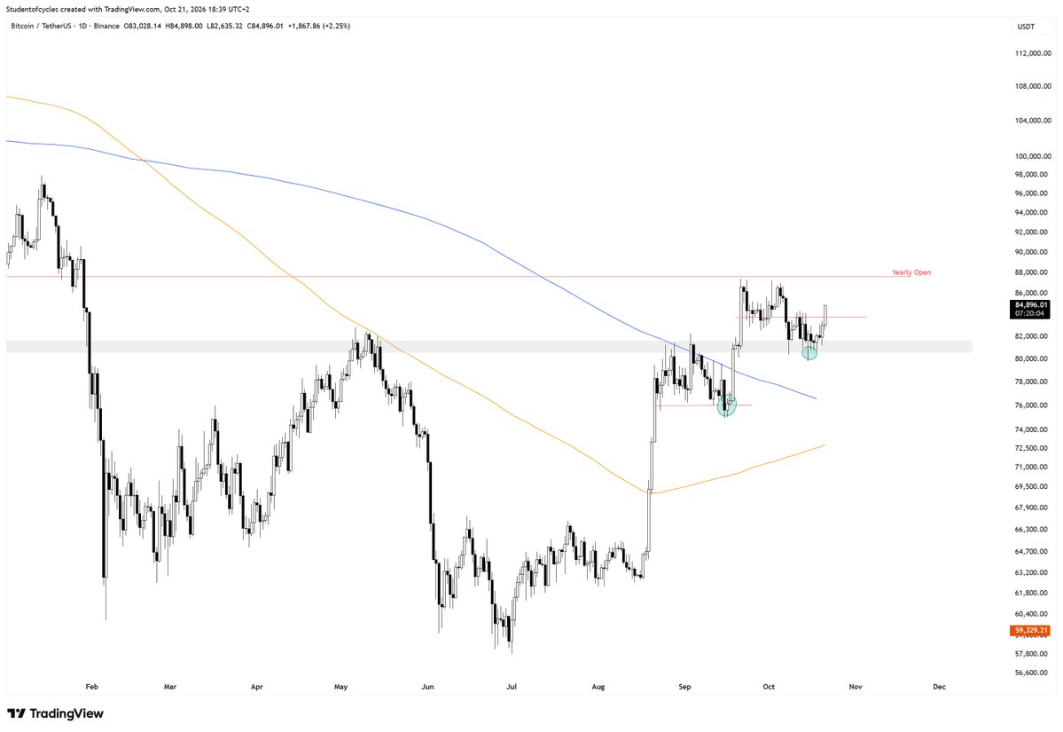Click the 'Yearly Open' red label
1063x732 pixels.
(911, 272)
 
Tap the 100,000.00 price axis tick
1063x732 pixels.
(1033, 156)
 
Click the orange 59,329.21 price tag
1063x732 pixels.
(1031, 630)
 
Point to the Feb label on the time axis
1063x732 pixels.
(92, 687)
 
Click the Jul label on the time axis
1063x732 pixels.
(512, 687)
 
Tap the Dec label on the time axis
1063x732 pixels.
(939, 687)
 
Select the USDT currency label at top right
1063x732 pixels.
(1026, 27)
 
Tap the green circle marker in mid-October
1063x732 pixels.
(809, 353)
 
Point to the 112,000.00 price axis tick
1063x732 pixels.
(1033, 53)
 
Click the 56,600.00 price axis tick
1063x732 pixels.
(1033, 673)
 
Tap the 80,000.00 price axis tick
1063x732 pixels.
(1033, 358)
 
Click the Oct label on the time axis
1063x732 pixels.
(768, 687)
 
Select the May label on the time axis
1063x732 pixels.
(340, 687)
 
